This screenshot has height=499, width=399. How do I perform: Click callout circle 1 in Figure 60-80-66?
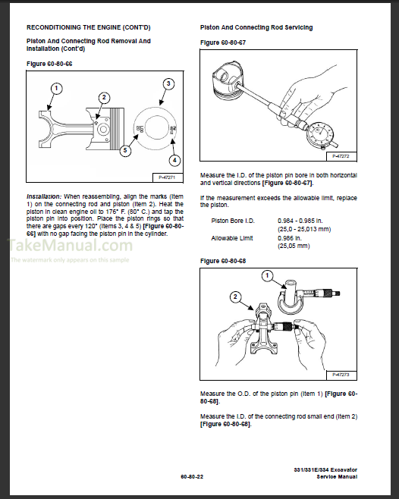coord(56,88)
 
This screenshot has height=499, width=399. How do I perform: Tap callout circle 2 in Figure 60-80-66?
coord(104,97)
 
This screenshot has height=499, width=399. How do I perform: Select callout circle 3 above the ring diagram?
coord(168,83)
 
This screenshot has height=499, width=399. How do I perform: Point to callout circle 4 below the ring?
coord(174,160)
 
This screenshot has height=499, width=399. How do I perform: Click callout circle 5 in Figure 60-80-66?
coord(125,150)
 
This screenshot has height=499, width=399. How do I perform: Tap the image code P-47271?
coord(167,177)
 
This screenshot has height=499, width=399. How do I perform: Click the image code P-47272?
coord(341,156)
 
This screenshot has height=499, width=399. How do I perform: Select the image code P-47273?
coord(341,375)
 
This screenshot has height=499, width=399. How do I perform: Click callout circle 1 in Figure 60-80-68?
coord(267,275)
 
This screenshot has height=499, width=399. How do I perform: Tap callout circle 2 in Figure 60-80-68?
coord(235,297)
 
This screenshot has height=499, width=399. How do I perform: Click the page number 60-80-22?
coord(192,476)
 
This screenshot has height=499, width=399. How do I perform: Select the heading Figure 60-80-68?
coord(223,261)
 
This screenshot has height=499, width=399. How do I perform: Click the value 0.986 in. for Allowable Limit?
coord(290,238)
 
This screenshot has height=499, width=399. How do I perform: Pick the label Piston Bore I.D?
coord(233,221)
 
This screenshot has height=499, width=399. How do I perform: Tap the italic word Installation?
coord(44,196)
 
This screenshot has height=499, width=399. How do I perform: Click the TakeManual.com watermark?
coord(70,246)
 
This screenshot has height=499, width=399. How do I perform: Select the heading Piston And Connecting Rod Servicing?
coord(256,28)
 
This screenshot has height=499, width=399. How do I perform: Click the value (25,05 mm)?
coord(294,246)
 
